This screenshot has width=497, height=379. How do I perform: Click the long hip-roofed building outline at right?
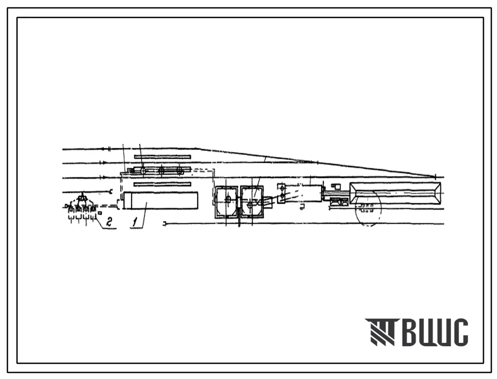[x=395, y=193]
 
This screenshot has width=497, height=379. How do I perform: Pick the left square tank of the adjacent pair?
[x=226, y=202]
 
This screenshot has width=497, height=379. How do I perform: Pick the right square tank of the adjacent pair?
[x=252, y=202]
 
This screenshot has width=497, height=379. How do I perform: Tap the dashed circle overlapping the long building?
[x=368, y=208]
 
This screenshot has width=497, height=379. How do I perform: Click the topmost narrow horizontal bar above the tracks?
[x=163, y=157]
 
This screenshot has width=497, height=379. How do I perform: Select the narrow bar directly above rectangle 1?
[x=163, y=184]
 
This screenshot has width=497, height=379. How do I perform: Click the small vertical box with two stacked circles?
[x=282, y=193]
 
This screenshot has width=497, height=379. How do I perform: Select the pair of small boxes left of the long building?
[x=339, y=201]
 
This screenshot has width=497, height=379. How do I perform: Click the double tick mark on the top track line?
[x=109, y=148]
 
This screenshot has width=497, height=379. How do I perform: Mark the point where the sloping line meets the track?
[x=435, y=177]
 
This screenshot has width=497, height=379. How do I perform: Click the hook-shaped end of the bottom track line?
[x=165, y=224]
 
